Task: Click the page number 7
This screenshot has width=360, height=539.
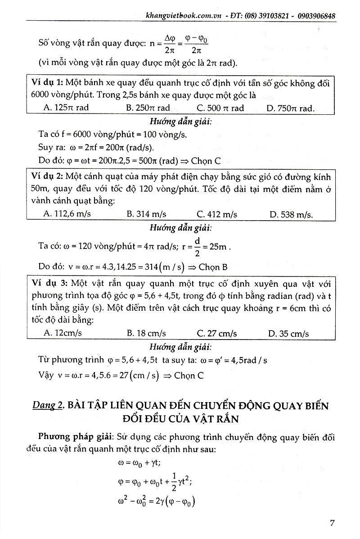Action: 332,523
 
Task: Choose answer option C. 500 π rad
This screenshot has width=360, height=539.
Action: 220,108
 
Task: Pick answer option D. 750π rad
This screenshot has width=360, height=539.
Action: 291,108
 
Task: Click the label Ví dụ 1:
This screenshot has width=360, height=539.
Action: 48,83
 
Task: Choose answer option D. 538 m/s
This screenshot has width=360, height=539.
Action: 291,214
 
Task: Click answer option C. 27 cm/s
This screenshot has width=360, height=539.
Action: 217,334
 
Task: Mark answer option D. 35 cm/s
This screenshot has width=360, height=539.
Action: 288,334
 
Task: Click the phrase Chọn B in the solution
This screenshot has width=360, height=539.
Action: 213,267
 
